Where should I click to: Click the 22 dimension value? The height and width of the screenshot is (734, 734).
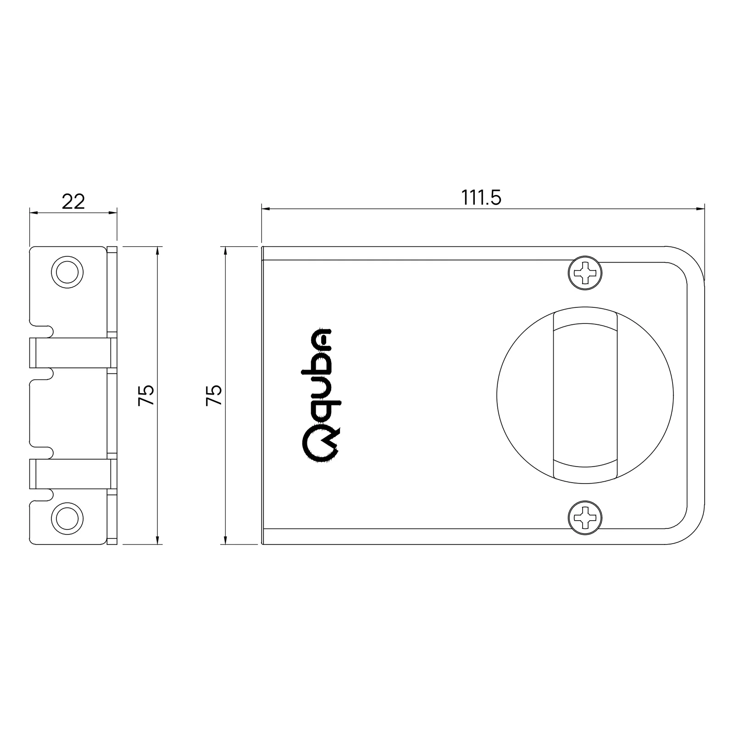(x=73, y=201)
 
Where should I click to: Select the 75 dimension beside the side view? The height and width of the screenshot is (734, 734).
(x=146, y=395)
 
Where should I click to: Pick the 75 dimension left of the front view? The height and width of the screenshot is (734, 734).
(x=214, y=395)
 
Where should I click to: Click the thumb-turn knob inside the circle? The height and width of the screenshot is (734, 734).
(x=585, y=395)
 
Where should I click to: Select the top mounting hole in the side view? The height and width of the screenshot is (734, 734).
(x=67, y=272)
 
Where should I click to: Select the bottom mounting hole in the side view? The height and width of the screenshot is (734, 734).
(x=68, y=518)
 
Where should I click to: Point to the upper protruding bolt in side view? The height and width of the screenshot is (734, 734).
(x=71, y=352)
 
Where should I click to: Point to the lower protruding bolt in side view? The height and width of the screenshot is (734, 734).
(x=71, y=473)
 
